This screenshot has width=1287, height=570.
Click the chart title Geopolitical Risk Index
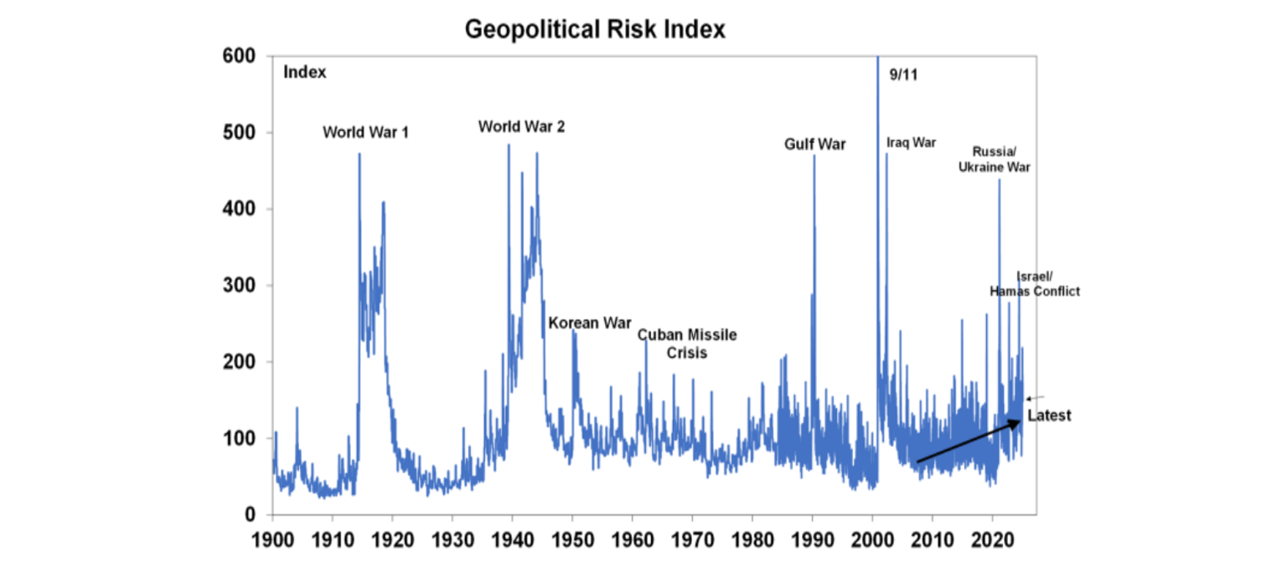pos(594,29)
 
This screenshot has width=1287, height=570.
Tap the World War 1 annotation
pos(365,132)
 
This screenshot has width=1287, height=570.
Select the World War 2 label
pos(521,127)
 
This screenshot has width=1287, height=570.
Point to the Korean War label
pos(589,324)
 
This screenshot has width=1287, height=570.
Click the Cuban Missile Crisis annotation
pos(687,344)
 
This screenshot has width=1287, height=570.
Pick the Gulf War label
pos(814,144)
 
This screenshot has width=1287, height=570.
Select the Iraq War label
pos(911,142)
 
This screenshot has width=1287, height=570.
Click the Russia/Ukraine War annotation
pos(995,159)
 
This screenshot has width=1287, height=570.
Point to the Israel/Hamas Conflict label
pos(1035,284)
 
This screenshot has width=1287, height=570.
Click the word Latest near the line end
pos(1049,416)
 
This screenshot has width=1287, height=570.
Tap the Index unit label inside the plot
pos(304,72)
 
